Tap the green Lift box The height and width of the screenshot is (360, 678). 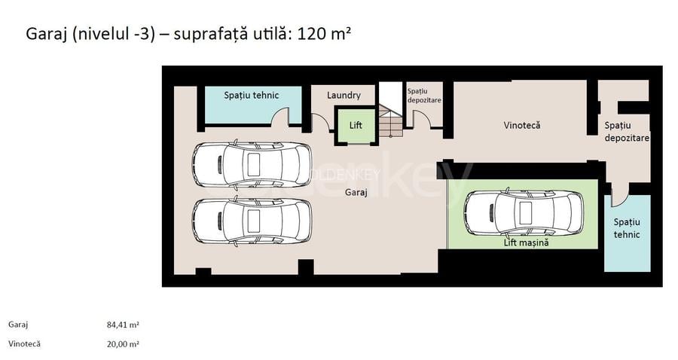[x=356, y=126]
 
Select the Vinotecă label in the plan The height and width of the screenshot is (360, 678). [x=522, y=125]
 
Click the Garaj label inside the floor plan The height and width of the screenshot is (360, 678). [x=356, y=193]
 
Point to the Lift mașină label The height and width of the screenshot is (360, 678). [x=526, y=243]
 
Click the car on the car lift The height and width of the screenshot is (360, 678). [x=524, y=212]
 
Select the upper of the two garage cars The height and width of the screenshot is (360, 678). [x=251, y=163]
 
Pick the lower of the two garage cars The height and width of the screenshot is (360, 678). [x=251, y=220]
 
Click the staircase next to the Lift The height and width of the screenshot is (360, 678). [x=391, y=123]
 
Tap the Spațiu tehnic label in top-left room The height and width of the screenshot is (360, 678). [x=252, y=96]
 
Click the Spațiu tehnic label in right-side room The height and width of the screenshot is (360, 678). [x=626, y=228]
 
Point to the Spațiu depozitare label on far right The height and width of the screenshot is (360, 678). [x=626, y=132]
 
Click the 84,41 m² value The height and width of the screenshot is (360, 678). [x=123, y=325]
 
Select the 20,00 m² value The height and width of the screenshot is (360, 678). [x=123, y=343]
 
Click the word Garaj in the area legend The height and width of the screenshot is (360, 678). [x=18, y=325]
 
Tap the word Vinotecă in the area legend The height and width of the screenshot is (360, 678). [x=24, y=343]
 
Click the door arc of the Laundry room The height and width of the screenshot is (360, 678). [x=319, y=123]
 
